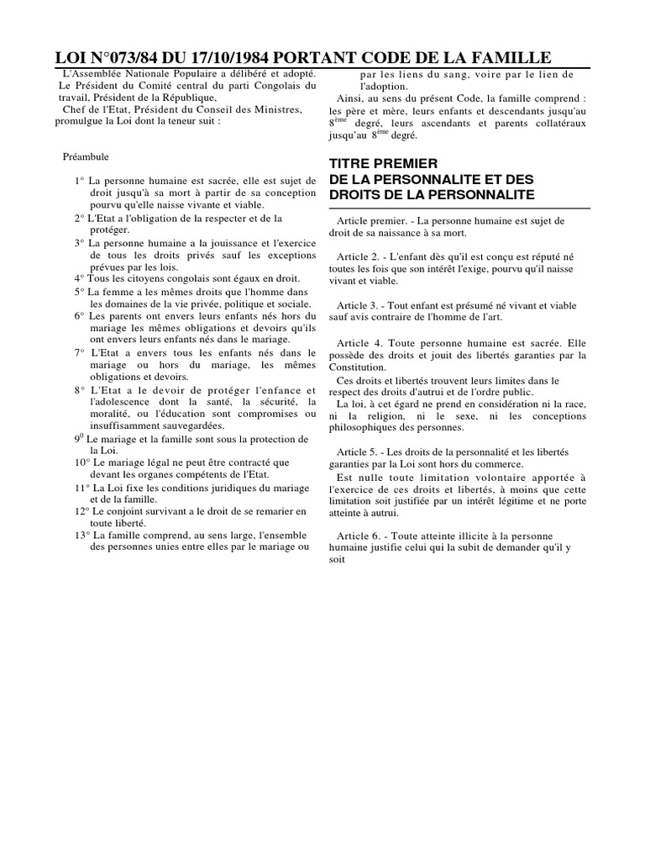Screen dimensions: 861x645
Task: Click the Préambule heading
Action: coord(86,156)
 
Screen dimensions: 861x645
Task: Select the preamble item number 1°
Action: coord(80,181)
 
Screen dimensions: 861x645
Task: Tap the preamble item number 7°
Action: coord(80,352)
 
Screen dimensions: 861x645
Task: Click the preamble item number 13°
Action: coord(81,535)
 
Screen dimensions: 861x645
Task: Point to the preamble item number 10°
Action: coord(81,462)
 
